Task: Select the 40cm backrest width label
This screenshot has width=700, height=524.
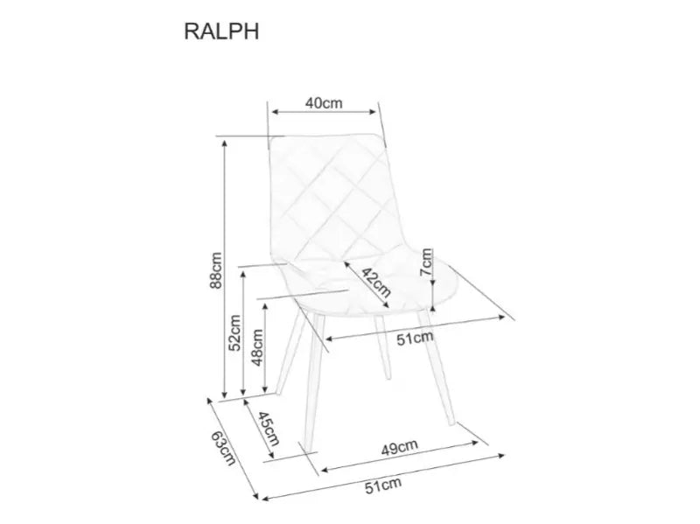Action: click(x=323, y=102)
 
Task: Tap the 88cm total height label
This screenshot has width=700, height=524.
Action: click(x=216, y=269)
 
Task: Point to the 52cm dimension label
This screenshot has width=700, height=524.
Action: click(x=234, y=332)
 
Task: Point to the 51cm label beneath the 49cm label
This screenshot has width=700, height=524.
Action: click(x=385, y=483)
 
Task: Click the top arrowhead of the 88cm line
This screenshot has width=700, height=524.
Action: click(x=226, y=145)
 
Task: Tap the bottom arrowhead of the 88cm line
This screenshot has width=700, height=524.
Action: click(x=226, y=394)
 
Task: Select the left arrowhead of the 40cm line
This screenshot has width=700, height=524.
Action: click(x=275, y=112)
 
